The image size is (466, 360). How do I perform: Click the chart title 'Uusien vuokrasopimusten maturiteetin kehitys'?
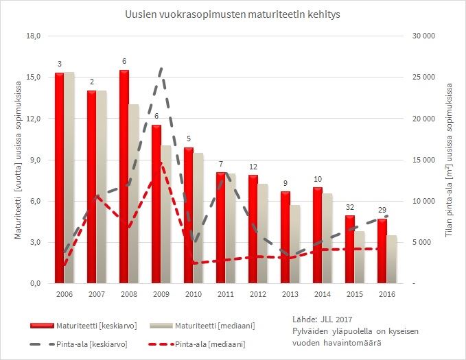coord(233,14)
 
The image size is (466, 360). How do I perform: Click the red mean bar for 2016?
coord(382,250)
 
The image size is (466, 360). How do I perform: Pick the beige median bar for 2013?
coord(295,243)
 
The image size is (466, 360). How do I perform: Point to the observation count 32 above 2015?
coord(350,207)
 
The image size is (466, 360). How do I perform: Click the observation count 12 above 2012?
coord(253,167)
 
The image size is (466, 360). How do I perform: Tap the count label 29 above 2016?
coord(382,210)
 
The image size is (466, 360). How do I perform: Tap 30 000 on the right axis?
coord(426,36)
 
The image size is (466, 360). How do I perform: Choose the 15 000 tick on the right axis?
coord(426,160)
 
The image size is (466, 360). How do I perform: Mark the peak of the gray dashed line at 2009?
coord(161,69)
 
